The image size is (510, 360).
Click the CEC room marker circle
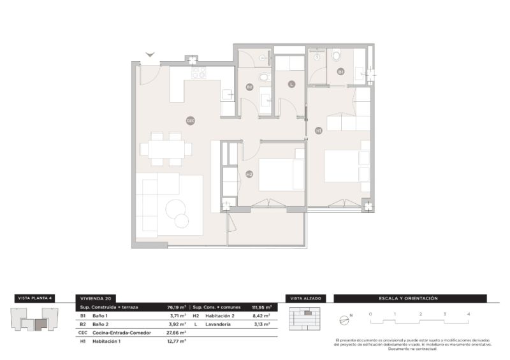190,120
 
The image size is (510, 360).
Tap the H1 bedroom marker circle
319,131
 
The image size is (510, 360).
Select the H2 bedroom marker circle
249,173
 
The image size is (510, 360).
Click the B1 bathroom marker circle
341,72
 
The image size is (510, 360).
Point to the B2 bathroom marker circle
249,87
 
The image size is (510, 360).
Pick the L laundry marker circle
291,83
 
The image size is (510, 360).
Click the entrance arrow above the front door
150,55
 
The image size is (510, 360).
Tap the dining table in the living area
166,149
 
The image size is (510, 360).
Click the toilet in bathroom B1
336,57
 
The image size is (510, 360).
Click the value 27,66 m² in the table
175,333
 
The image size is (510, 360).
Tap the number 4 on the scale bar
469,314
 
